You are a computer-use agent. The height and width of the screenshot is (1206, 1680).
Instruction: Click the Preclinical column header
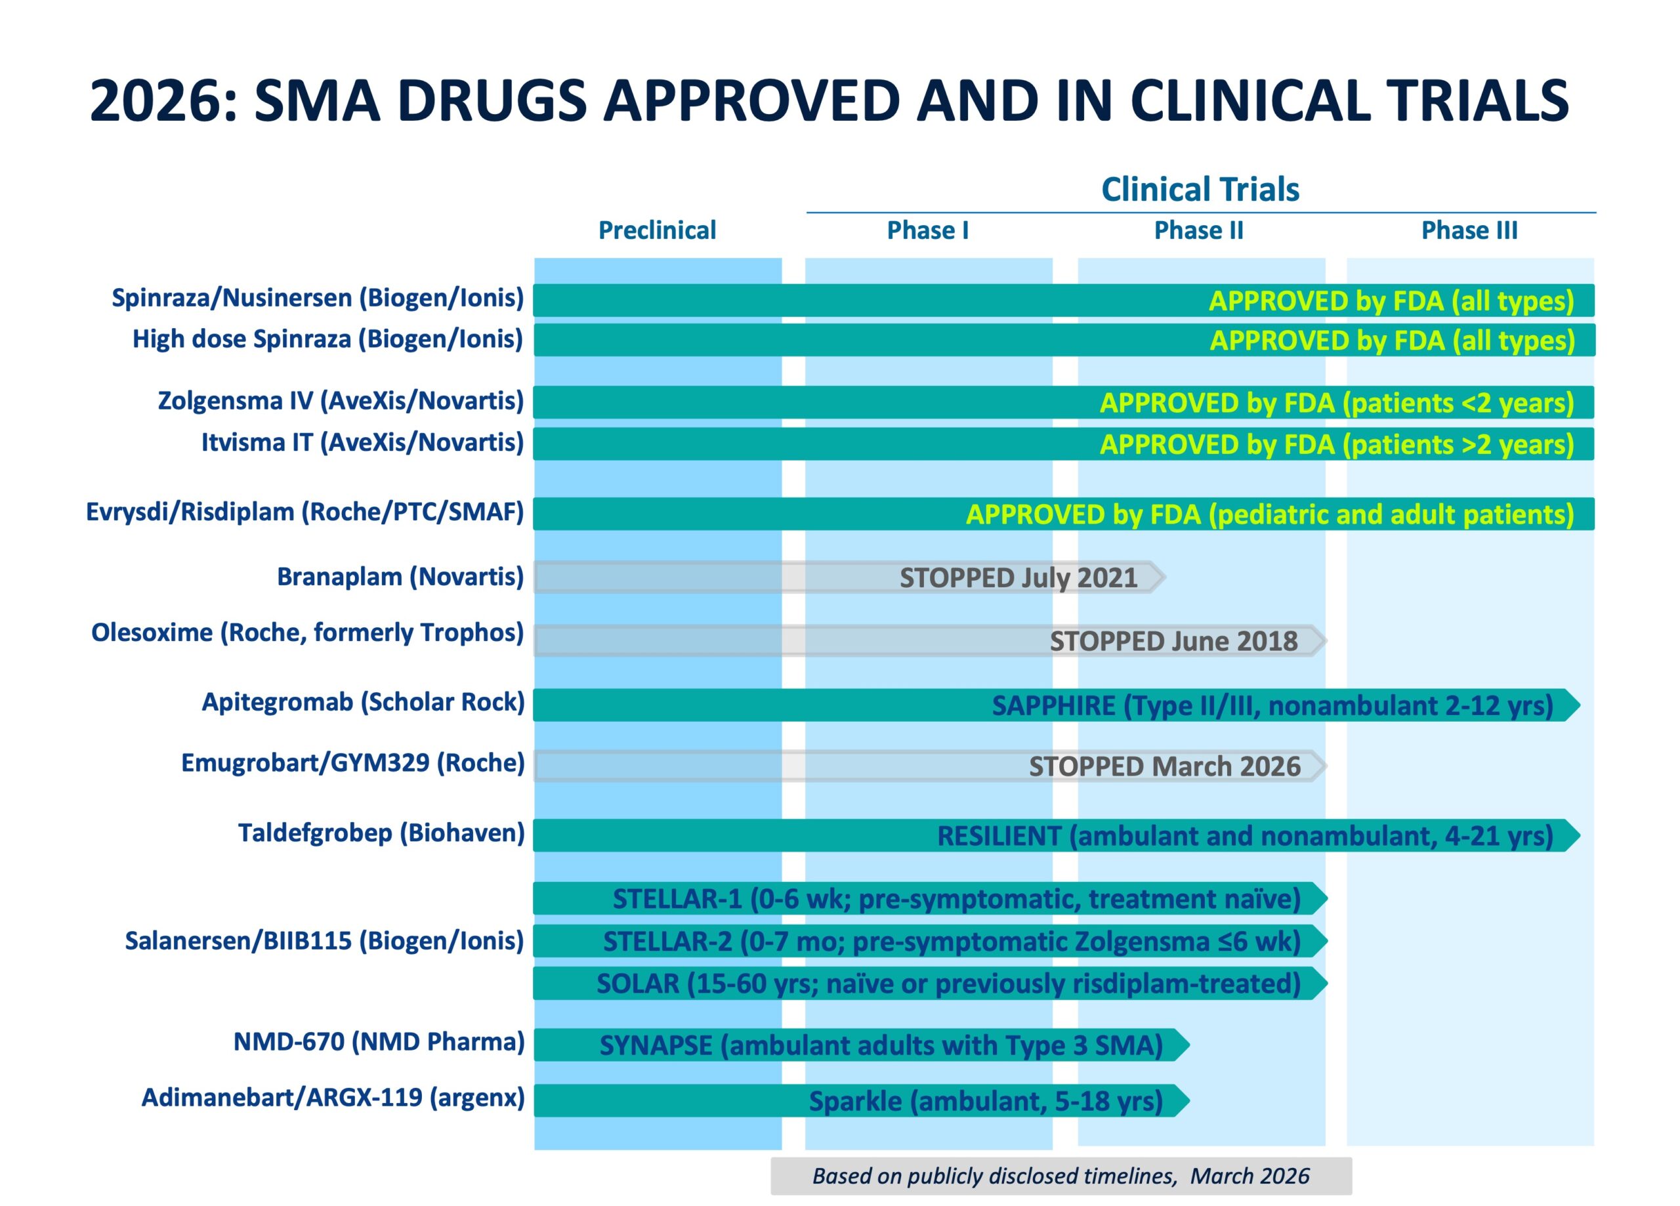tap(656, 230)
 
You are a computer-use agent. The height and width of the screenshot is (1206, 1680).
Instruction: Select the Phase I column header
tap(927, 230)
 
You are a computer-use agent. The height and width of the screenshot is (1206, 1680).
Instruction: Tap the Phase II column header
tap(1198, 230)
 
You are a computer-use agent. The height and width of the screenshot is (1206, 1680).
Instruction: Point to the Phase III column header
tap(1469, 230)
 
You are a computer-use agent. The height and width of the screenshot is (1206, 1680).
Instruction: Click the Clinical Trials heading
tap(1200, 190)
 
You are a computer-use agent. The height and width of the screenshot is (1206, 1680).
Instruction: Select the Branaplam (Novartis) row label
tap(400, 576)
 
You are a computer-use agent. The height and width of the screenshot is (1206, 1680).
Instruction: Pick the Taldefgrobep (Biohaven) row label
tap(381, 833)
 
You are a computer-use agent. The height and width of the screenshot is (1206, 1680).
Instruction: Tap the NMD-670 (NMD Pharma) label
tap(379, 1041)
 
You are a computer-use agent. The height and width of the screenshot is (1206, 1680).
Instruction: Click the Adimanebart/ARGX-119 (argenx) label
tap(333, 1097)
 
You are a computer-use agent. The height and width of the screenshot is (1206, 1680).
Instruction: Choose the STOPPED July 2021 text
tap(1018, 578)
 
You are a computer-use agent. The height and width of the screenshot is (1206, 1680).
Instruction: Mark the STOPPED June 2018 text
tap(1173, 641)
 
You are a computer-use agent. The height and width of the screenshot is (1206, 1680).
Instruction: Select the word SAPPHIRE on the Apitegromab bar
tap(1053, 705)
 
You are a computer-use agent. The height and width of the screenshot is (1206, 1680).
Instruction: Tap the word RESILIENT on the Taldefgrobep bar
tap(999, 836)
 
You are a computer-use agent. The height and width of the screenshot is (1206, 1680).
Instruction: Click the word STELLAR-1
tap(677, 898)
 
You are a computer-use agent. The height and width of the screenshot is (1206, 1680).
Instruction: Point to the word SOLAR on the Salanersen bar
tap(637, 984)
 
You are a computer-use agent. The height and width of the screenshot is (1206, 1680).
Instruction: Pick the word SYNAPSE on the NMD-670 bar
tap(656, 1045)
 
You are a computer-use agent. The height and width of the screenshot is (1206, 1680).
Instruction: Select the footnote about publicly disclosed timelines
tap(1060, 1176)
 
